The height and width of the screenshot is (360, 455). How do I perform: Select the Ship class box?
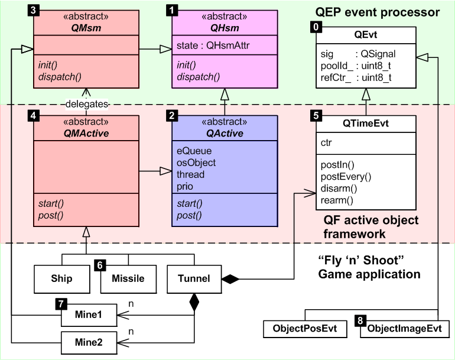pos(61,278)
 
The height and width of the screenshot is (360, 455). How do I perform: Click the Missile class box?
pos(128,278)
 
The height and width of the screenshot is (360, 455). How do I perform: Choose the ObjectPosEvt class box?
pos(305,328)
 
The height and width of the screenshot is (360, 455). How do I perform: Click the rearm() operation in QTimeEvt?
pos(337,200)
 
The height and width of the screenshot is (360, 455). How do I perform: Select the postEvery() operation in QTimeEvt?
pos(345,176)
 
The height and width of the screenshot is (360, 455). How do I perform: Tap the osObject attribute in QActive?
pos(196,163)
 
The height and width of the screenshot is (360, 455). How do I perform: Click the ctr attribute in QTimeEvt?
pos(327,142)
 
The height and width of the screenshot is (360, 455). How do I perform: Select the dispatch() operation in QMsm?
pos(60,76)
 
